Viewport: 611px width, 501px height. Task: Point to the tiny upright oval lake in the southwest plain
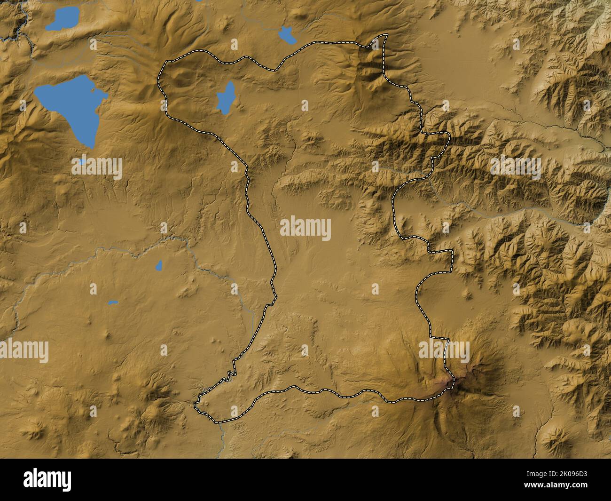pos(159,266)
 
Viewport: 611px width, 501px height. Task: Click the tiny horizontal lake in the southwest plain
pos(112,302)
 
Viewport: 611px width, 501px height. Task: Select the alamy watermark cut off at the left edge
pos(23,351)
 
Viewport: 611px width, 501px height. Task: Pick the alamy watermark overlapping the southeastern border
pos(444,351)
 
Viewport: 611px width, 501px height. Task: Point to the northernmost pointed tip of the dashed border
pos(386,35)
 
